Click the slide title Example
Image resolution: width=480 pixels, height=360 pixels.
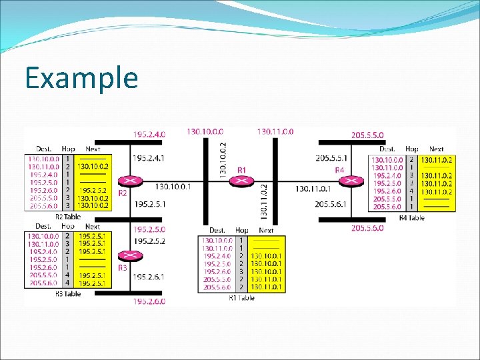click(x=81, y=78)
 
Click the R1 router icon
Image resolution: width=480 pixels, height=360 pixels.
click(x=242, y=181)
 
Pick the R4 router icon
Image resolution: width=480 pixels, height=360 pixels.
click(x=351, y=181)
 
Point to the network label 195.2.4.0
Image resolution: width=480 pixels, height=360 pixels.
click(x=149, y=135)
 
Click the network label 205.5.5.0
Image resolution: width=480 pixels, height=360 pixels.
click(x=368, y=135)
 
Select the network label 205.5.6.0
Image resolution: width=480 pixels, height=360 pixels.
click(x=368, y=228)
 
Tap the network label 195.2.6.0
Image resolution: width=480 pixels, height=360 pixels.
click(x=149, y=301)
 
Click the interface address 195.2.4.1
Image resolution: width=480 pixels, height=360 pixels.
click(x=149, y=158)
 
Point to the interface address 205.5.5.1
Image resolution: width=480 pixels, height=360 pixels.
click(x=331, y=158)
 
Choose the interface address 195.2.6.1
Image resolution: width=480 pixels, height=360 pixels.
click(x=149, y=276)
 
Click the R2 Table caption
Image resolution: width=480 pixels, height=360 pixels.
click(x=67, y=217)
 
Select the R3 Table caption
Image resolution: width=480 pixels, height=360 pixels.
click(x=67, y=293)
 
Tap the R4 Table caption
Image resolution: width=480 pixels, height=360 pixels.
click(x=411, y=217)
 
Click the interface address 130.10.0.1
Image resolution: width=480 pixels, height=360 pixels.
click(x=173, y=187)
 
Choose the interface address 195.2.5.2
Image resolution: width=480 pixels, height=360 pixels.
click(x=149, y=240)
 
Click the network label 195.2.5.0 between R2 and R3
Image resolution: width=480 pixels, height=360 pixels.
click(x=149, y=229)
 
